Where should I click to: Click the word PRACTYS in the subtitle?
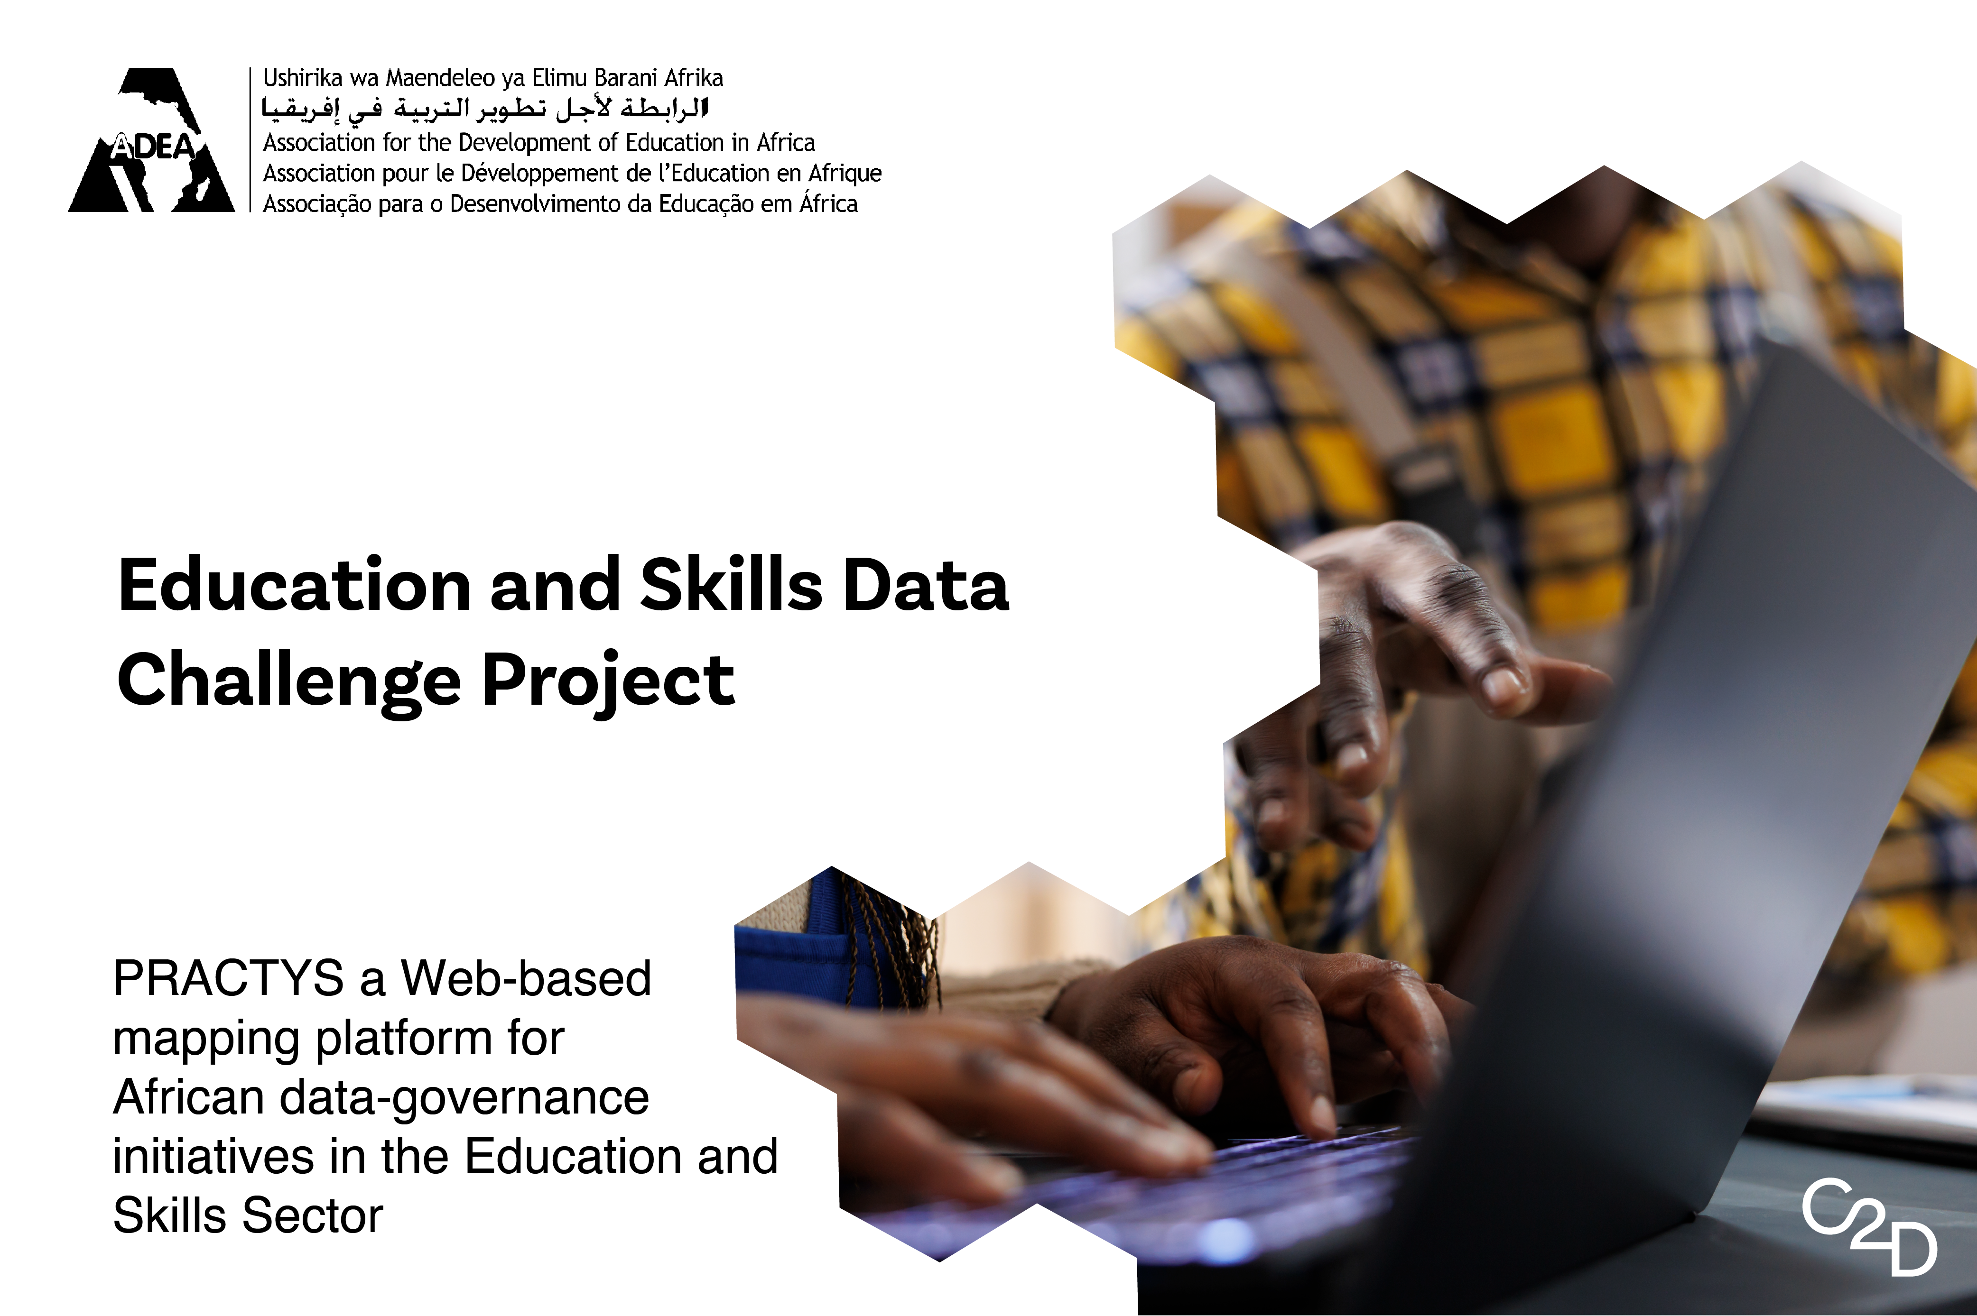[x=228, y=979]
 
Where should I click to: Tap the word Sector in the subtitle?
[x=312, y=1216]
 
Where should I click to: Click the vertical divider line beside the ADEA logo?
[x=250, y=139]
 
